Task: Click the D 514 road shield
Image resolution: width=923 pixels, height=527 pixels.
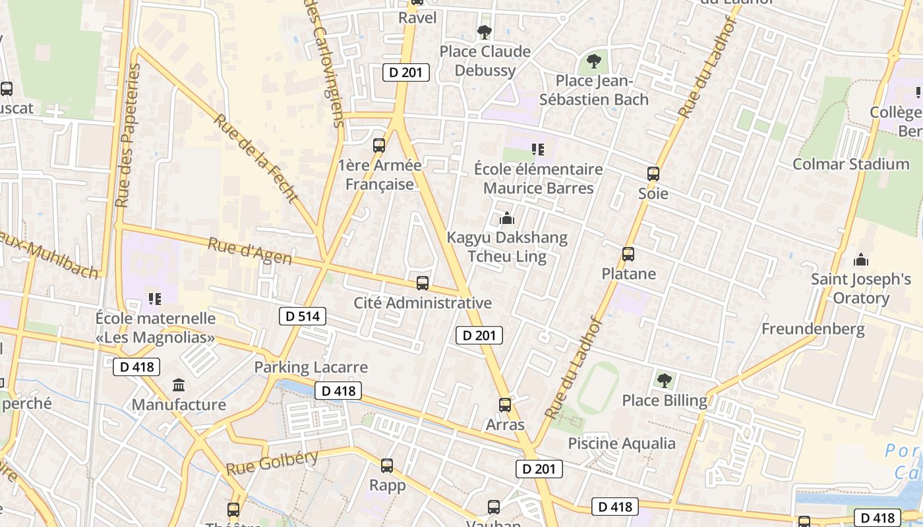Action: click(x=303, y=316)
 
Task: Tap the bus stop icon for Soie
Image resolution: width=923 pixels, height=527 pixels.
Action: click(x=653, y=174)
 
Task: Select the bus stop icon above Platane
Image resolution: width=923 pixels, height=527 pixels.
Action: click(x=628, y=254)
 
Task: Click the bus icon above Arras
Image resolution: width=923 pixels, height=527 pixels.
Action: click(x=505, y=405)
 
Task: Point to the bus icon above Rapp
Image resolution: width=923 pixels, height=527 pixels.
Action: click(x=387, y=466)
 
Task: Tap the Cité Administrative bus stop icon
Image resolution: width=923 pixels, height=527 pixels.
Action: click(x=423, y=283)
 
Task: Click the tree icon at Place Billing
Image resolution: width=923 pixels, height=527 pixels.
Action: click(x=664, y=380)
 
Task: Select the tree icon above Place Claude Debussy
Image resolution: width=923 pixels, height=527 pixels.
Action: click(x=485, y=32)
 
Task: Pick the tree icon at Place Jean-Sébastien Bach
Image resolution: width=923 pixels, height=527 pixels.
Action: click(x=594, y=62)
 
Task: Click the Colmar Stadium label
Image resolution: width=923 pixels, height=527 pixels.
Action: click(x=850, y=164)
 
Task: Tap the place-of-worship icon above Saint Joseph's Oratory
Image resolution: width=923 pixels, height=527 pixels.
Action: click(x=860, y=260)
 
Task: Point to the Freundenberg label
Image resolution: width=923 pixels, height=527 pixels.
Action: click(x=813, y=329)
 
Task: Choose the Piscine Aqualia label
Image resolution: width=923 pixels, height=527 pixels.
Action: click(x=622, y=443)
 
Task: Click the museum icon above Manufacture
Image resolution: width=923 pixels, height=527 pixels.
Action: click(x=179, y=385)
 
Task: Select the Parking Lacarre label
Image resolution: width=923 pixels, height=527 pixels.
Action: click(x=311, y=367)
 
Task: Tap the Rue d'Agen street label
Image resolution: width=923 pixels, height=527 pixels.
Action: click(x=250, y=252)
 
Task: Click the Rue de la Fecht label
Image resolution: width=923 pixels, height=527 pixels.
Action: click(x=256, y=158)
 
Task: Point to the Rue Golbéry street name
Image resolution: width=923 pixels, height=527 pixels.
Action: click(x=272, y=463)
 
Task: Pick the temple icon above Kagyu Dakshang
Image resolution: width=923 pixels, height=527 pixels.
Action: click(x=506, y=217)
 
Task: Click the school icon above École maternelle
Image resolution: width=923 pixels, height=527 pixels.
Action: click(x=155, y=299)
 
